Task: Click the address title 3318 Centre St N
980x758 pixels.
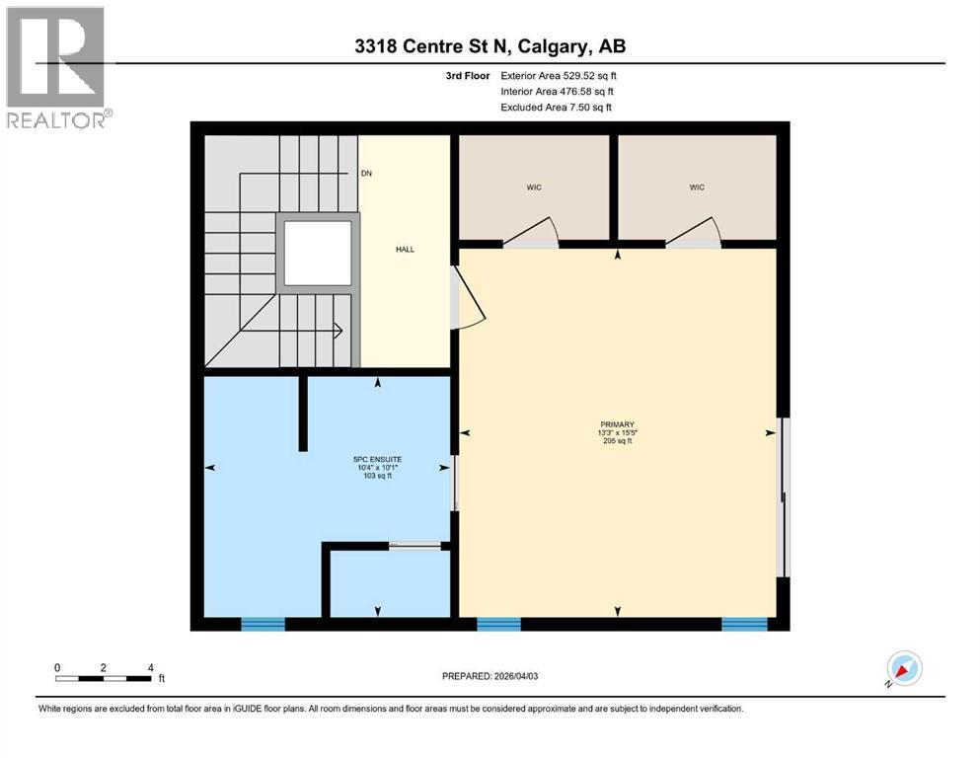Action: point(490,45)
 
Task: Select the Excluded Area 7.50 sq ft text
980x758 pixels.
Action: point(562,107)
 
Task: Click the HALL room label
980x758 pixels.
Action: point(405,250)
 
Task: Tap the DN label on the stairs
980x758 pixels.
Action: point(366,174)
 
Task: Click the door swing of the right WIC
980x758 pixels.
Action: point(697,234)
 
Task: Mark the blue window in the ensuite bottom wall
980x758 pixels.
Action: point(264,623)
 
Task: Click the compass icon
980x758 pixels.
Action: point(903,668)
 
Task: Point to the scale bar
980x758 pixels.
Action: point(104,678)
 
